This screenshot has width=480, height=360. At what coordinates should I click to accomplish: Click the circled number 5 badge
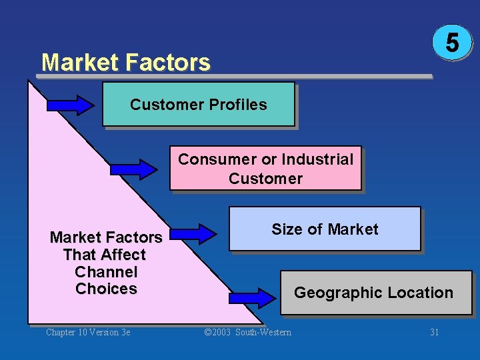pyautogui.click(x=452, y=43)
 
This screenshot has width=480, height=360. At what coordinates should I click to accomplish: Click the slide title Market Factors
pyautogui.click(x=125, y=63)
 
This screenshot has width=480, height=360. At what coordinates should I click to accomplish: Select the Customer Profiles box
pyautogui.click(x=198, y=104)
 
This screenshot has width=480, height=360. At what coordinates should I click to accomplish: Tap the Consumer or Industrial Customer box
pyautogui.click(x=265, y=169)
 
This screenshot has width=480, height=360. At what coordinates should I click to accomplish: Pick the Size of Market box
pyautogui.click(x=325, y=229)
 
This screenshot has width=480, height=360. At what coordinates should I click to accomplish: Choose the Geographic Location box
pyautogui.click(x=375, y=293)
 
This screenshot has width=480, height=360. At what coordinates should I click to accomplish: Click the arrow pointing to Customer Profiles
pyautogui.click(x=71, y=105)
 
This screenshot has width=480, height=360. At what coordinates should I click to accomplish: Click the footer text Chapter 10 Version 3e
pyautogui.click(x=88, y=332)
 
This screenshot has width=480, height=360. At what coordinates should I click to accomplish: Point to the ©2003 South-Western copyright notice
pyautogui.click(x=247, y=332)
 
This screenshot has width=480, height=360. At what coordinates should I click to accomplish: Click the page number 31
pyautogui.click(x=434, y=332)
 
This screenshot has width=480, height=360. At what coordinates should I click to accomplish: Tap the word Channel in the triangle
pyautogui.click(x=106, y=272)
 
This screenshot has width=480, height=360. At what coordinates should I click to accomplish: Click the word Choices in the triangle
pyautogui.click(x=106, y=289)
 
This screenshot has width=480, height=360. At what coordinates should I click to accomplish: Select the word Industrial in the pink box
pyautogui.click(x=317, y=159)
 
